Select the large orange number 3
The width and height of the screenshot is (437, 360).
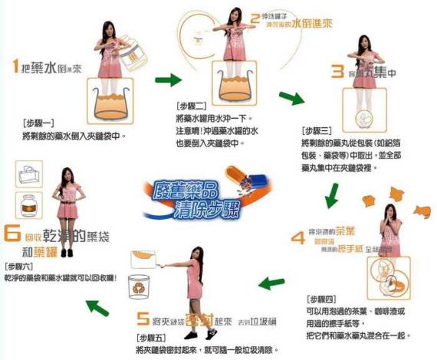336,73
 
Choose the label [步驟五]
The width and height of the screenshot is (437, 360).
153,337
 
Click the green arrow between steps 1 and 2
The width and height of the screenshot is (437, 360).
166,79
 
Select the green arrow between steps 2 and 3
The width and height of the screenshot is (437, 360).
291,97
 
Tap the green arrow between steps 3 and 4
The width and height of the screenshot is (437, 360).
332,196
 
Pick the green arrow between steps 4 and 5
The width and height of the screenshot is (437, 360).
270,284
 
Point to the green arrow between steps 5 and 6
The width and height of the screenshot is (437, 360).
96,307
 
